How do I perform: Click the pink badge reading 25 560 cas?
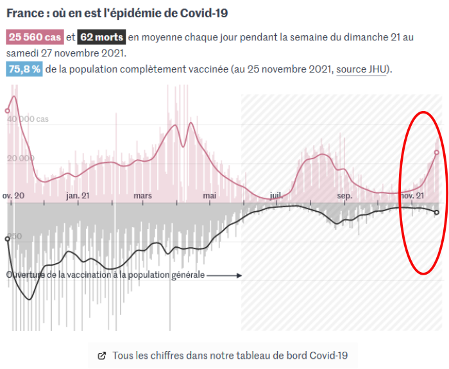(35, 37)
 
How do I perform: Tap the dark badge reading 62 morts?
(102, 37)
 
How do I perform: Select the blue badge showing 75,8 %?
(24, 69)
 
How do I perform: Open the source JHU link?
(362, 69)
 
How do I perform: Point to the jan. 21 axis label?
(78, 195)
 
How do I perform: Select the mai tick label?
(209, 195)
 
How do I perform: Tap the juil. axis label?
(276, 195)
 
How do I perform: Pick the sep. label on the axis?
(344, 195)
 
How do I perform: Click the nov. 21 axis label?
(412, 195)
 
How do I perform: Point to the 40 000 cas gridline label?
(30, 119)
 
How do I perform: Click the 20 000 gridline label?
(21, 159)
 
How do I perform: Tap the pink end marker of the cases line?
(436, 153)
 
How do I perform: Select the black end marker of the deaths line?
(436, 212)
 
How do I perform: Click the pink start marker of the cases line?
(8, 110)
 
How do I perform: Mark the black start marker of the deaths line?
(8, 238)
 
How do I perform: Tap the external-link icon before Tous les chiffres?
(101, 355)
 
